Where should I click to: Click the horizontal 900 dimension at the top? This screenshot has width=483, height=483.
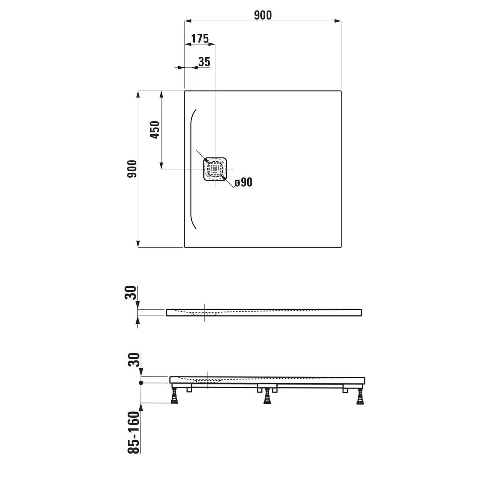click(x=263, y=15)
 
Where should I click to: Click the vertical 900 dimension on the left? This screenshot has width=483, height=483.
click(x=132, y=169)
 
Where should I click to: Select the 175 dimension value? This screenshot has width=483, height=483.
click(x=200, y=39)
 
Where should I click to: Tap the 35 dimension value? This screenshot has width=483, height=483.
click(x=204, y=62)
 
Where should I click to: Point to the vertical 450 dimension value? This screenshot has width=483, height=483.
click(x=155, y=130)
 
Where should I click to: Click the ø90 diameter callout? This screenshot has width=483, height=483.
click(x=243, y=182)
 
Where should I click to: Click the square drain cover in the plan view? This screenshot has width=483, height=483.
click(x=215, y=169)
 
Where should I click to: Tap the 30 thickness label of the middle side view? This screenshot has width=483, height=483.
click(x=131, y=293)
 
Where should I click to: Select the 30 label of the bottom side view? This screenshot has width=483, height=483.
click(x=134, y=360)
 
